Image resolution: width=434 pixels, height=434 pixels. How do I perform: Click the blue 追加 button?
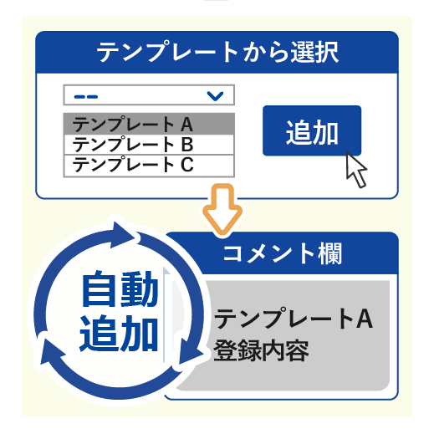coord(312,130)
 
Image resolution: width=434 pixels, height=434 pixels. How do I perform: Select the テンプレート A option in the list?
coord(149,124)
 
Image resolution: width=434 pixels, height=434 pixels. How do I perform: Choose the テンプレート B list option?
coord(149,145)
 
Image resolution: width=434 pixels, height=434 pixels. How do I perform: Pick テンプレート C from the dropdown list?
coord(149,166)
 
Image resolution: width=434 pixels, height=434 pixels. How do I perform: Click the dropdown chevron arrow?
coord(215,96)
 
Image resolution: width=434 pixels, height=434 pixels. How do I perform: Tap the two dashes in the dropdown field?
coord(86,97)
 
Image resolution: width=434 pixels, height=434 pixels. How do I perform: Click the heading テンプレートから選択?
coord(217,52)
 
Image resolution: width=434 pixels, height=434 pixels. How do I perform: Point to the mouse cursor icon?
coord(355,170)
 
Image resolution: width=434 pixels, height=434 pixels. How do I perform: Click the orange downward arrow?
coord(222,209)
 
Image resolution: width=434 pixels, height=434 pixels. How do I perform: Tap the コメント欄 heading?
coord(283,253)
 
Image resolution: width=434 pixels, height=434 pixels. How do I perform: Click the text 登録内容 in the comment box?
coord(261,350)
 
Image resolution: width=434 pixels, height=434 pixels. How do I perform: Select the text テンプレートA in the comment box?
coord(294,319)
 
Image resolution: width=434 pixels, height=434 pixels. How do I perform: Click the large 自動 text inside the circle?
coord(120,288)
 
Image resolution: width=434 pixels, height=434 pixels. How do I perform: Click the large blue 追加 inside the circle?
coord(119,333)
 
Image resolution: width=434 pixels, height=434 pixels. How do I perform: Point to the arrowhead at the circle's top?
coord(122,235)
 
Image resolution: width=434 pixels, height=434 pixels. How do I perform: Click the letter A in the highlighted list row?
coord(186,125)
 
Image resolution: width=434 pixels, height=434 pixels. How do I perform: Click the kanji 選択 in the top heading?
coord(315,52)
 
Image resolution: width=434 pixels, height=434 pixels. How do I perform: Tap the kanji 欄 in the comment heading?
coord(330,253)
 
